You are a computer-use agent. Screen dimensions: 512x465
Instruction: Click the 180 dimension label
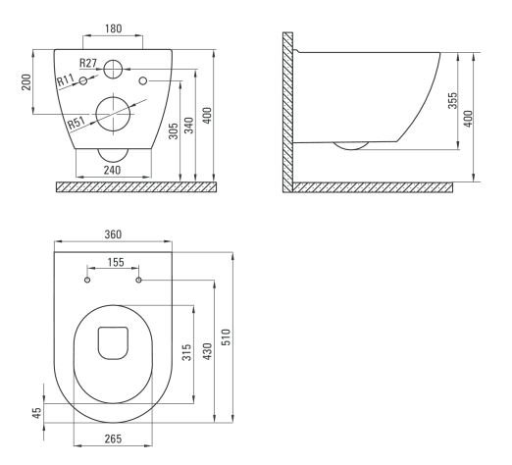113,28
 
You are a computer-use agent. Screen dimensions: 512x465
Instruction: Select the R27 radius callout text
87,63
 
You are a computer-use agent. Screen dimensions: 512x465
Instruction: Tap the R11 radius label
66,79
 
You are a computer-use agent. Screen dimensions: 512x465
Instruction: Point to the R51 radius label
77,123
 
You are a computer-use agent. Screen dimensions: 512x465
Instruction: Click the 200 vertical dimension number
26,82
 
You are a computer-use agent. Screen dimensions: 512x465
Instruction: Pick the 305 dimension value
174,130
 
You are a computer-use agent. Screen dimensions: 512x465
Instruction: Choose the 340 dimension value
189,126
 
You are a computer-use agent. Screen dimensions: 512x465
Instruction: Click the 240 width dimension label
113,170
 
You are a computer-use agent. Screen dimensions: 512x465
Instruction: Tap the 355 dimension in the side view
453,100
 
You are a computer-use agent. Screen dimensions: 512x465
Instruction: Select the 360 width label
113,234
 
